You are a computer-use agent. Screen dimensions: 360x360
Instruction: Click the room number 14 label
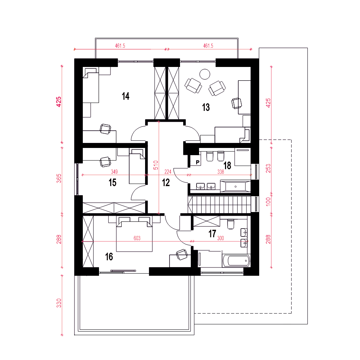(x=126, y=96)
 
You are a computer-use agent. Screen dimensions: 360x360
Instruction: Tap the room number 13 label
(x=206, y=107)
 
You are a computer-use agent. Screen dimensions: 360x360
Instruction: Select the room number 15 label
(x=112, y=183)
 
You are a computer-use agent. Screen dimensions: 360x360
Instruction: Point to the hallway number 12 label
(x=166, y=183)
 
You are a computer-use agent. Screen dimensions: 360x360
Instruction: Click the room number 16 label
(x=109, y=257)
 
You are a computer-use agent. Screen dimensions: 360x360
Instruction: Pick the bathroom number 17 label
(x=212, y=234)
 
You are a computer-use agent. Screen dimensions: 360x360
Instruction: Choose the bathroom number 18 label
(x=227, y=166)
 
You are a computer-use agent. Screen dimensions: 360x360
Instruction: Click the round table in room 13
(x=204, y=74)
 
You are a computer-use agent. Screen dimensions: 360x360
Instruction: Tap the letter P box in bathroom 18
(x=197, y=162)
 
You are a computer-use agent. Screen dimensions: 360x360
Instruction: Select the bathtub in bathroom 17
(x=236, y=261)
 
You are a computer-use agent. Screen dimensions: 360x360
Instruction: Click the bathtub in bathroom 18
(x=235, y=186)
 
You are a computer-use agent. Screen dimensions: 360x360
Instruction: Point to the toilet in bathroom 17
(x=230, y=224)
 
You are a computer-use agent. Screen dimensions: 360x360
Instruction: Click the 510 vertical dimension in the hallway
(x=156, y=165)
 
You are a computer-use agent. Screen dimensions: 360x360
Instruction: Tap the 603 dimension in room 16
(x=137, y=238)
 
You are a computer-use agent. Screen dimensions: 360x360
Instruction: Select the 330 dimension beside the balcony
(x=59, y=303)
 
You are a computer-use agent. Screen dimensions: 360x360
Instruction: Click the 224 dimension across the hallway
(x=168, y=172)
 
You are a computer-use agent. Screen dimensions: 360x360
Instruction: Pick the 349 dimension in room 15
(x=114, y=172)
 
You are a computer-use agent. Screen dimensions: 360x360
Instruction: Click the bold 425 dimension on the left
(x=59, y=102)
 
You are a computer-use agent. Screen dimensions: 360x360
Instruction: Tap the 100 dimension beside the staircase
(x=268, y=202)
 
